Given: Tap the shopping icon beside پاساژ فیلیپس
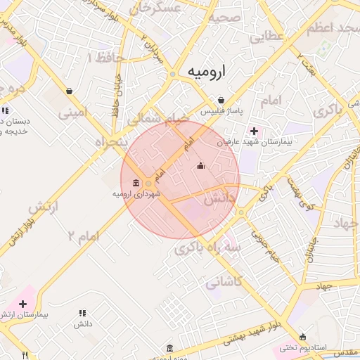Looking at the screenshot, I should coord(221,100).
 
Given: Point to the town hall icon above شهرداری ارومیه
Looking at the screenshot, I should coord(135,183).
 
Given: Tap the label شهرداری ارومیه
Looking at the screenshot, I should coord(136,193).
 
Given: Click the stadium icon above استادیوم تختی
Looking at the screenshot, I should coord(303,337).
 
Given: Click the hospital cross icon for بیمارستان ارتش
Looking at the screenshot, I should coord(23,304).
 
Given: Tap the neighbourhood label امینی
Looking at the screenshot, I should coord(74,112).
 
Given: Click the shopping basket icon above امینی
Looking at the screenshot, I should coord(69,91).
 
